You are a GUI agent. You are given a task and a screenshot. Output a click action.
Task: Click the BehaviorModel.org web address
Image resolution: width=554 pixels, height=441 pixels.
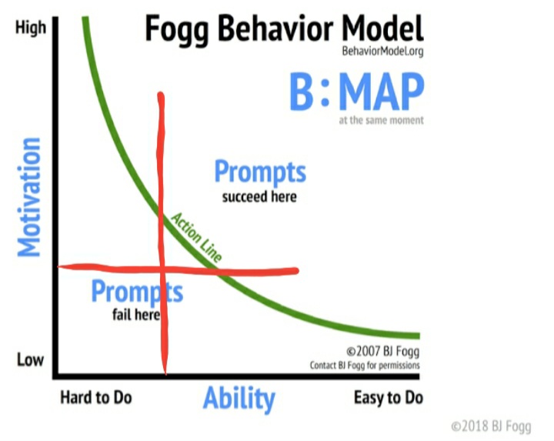pyautogui.click(x=382, y=52)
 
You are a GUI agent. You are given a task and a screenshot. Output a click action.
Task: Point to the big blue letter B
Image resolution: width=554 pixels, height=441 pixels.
pyautogui.click(x=302, y=92)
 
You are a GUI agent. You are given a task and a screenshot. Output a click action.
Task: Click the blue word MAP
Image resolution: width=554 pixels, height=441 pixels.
pyautogui.click(x=382, y=92)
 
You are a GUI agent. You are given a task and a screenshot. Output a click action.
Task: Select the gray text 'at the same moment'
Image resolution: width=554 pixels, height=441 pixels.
pyautogui.click(x=381, y=120)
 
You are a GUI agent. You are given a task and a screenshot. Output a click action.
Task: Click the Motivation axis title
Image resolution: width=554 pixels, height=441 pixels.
pyautogui.click(x=29, y=197)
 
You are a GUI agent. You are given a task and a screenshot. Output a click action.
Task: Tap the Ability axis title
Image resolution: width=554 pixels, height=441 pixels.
pyautogui.click(x=239, y=398)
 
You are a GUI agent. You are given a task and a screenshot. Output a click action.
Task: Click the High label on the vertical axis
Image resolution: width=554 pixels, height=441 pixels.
pyautogui.click(x=31, y=28)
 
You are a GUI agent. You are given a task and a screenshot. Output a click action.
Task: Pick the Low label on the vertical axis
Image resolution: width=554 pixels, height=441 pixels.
pyautogui.click(x=30, y=360)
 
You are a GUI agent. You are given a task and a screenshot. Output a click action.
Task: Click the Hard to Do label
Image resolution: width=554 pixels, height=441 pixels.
pyautogui.click(x=96, y=398)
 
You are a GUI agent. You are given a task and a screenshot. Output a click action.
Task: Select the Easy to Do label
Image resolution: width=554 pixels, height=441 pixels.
pyautogui.click(x=389, y=398)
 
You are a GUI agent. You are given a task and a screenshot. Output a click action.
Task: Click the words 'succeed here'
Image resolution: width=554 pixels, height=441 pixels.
pyautogui.click(x=259, y=197)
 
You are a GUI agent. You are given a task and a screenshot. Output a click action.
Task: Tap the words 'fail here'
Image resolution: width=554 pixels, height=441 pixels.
pyautogui.click(x=136, y=314)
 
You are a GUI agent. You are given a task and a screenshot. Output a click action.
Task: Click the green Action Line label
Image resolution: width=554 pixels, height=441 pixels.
pyautogui.click(x=196, y=237)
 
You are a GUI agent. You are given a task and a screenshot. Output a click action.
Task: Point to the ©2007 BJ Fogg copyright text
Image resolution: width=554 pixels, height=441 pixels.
pyautogui.click(x=383, y=351)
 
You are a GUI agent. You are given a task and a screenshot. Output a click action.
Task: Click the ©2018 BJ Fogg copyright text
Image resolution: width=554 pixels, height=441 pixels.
pyautogui.click(x=491, y=426)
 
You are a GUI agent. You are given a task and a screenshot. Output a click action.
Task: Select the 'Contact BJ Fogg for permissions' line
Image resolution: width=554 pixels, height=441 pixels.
pyautogui.click(x=365, y=365)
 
